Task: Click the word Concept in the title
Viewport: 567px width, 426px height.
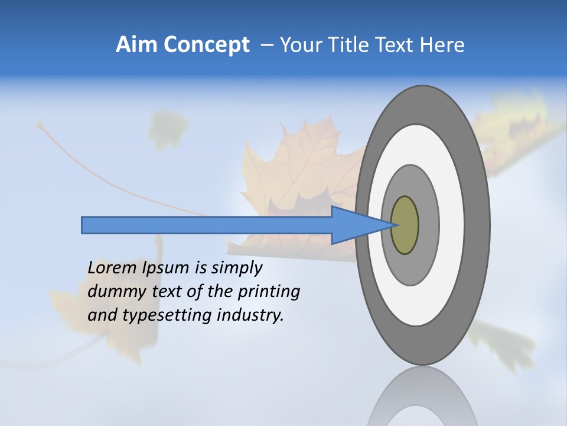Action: coord(206,45)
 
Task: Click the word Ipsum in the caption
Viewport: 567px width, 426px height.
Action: coord(167,268)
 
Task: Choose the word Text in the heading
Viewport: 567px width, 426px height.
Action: coord(398,45)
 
